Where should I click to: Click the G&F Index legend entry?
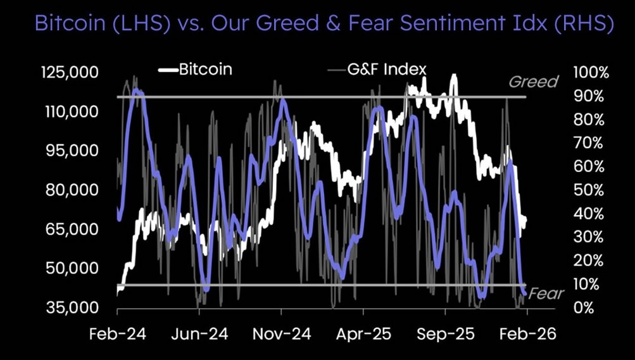click(386, 69)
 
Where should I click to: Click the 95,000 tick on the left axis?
click(70, 151)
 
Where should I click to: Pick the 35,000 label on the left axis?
click(70, 307)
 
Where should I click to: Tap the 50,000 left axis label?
click(70, 268)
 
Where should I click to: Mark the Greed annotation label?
click(533, 82)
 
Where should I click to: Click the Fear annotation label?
click(546, 294)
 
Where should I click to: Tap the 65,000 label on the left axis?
click(70, 229)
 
